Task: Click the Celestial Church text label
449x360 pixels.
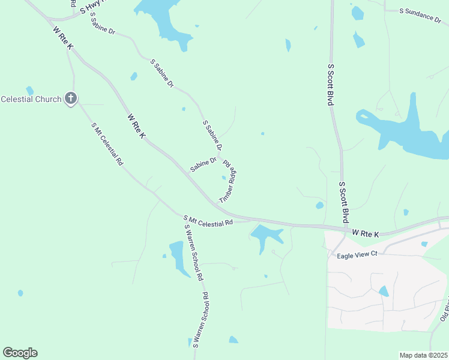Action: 31,99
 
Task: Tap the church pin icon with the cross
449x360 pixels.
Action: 71,98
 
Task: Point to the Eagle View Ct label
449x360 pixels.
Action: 357,253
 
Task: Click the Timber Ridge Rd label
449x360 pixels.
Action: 229,181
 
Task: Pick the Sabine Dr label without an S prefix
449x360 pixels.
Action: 203,164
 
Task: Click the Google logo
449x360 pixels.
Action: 20,352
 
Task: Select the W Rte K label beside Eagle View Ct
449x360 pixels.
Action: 366,232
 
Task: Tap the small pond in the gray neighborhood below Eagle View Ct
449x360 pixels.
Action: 384,292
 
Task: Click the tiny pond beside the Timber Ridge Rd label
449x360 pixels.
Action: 224,178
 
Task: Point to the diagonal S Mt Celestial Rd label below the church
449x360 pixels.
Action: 107,144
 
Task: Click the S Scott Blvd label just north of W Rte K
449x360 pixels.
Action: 344,202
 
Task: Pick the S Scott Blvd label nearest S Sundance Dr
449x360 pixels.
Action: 330,85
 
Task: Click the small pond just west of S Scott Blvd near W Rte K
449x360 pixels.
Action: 319,205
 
